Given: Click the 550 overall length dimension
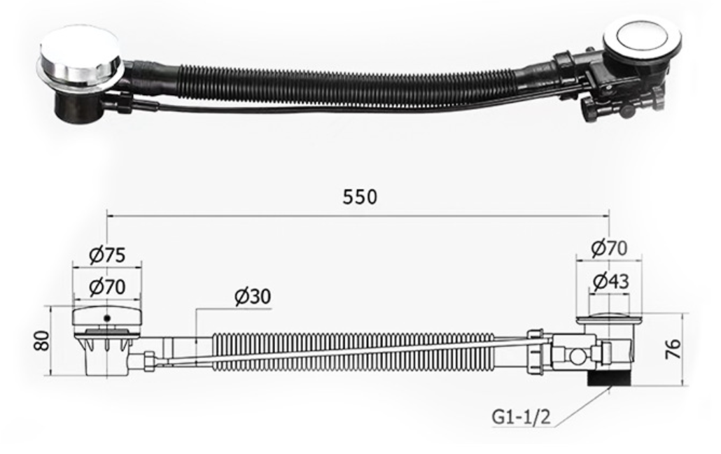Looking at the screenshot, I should click(359, 197).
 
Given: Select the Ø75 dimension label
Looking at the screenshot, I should click(107, 255).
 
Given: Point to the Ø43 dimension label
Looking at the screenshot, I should click(610, 282).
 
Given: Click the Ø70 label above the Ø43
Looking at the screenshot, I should click(608, 248).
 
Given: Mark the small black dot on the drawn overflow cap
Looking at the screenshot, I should click(106, 318).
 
